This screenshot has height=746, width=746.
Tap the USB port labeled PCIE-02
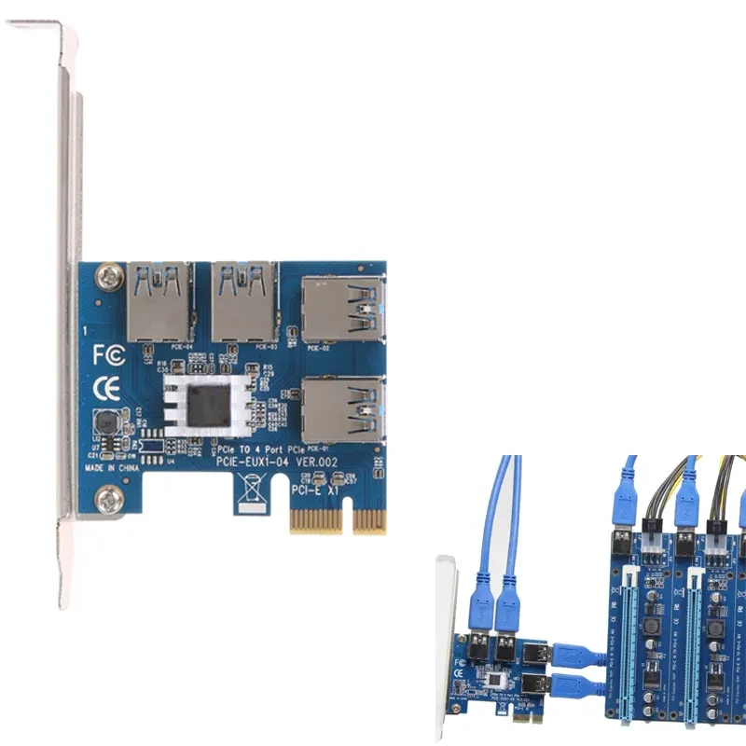[x=343, y=310]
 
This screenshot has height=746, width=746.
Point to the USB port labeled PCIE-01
[x=343, y=410]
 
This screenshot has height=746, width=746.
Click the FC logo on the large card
[x=106, y=355]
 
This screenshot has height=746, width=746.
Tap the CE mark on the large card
[x=106, y=386]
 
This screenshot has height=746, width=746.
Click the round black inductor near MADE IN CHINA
[x=105, y=424]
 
